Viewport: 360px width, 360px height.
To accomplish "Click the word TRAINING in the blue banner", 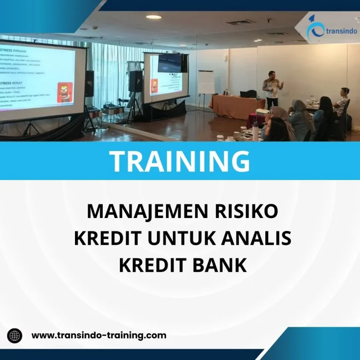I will tap(180, 161).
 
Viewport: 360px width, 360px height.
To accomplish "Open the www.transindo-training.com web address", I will tap(99, 335).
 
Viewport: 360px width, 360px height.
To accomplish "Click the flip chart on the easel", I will tap(206, 82).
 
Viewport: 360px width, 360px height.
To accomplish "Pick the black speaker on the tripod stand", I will tap(135, 81).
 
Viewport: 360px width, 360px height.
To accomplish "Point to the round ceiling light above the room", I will tap(154, 17).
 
